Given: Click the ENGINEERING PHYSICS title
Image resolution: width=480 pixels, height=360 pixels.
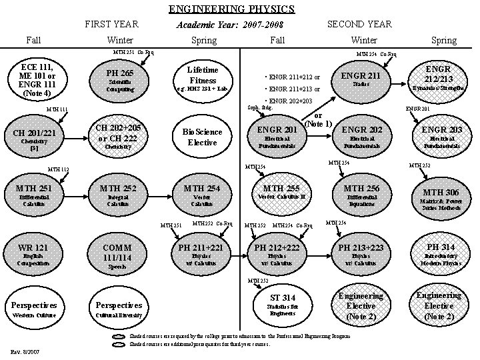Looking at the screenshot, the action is coord(231,9).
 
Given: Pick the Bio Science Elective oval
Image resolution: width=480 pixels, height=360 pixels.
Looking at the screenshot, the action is coord(203,137).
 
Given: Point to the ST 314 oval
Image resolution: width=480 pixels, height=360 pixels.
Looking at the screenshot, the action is coord(283,303).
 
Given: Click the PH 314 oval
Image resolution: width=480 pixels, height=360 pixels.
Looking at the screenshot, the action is coord(441,252).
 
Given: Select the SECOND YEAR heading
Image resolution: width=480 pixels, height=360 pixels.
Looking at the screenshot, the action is coord(359,24).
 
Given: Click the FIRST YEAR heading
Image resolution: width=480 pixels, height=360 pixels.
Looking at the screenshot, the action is coord(111,24).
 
